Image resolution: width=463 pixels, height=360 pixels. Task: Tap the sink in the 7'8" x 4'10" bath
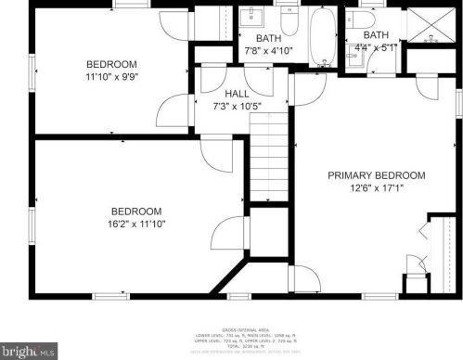(252, 18)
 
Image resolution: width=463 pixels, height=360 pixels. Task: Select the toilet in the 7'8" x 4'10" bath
(289, 19)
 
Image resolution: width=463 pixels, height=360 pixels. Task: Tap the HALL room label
(238, 94)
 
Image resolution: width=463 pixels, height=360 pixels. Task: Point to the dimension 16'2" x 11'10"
(136, 223)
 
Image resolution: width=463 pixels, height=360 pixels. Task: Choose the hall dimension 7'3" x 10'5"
(238, 106)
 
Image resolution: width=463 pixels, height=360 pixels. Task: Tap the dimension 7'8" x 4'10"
(269, 50)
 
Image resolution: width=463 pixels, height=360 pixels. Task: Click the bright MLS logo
(30, 352)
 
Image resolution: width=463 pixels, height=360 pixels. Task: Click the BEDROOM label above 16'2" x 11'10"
(136, 211)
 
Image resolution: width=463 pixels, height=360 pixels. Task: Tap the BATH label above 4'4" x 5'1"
(364, 34)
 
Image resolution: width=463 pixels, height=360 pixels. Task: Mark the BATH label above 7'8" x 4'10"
(269, 38)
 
